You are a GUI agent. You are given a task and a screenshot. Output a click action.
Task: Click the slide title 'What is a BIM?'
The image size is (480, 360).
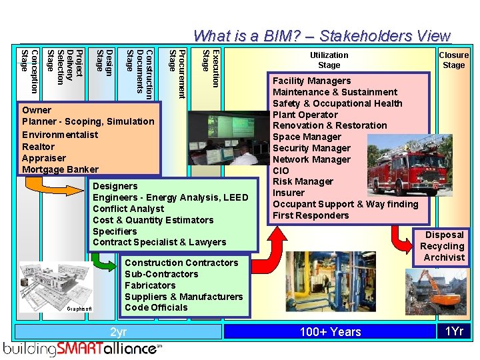click(322, 35)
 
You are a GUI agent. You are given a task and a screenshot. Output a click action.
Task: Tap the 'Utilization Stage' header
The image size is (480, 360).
click(329, 60)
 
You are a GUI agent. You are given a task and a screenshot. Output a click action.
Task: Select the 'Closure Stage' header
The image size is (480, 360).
click(454, 60)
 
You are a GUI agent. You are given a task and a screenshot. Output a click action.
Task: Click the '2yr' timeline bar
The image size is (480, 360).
click(118, 331)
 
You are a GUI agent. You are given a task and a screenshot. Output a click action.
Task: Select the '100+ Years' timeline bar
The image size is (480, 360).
click(330, 331)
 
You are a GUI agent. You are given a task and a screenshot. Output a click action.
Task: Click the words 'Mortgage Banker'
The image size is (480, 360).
click(60, 169)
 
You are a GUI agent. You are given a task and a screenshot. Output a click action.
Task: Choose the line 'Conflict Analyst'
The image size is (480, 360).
click(128, 209)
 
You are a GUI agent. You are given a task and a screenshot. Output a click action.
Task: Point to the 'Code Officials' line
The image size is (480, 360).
click(156, 307)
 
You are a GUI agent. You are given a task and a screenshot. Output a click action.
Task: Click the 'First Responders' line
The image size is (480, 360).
click(311, 215)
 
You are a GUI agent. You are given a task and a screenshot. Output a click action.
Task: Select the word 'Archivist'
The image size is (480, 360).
click(444, 257)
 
